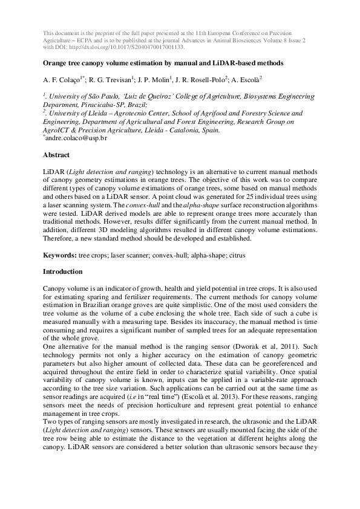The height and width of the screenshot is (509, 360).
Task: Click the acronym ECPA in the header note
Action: [x=82, y=38]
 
